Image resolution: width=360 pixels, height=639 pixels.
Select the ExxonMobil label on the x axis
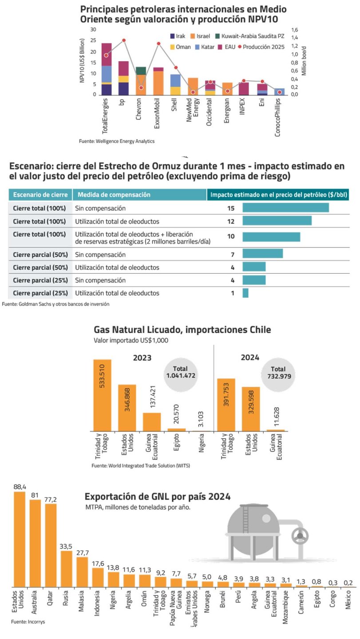(x=157, y=114)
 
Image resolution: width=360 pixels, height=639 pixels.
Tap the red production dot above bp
(x=124, y=40)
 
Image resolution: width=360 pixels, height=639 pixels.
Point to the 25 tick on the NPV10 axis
(x=93, y=40)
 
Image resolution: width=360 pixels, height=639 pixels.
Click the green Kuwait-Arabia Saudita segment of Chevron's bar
(x=141, y=71)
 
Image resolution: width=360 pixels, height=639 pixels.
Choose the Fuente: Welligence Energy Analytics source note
(x=117, y=141)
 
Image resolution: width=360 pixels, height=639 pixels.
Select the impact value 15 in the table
(x=231, y=208)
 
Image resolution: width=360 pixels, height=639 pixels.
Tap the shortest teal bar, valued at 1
(x=245, y=293)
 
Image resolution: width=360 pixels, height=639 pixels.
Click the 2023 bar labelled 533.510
(x=102, y=395)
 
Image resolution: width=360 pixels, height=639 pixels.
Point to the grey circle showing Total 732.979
(x=278, y=372)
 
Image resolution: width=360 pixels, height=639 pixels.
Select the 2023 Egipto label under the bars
(x=176, y=444)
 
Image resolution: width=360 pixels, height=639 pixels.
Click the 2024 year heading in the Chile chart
(x=251, y=358)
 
